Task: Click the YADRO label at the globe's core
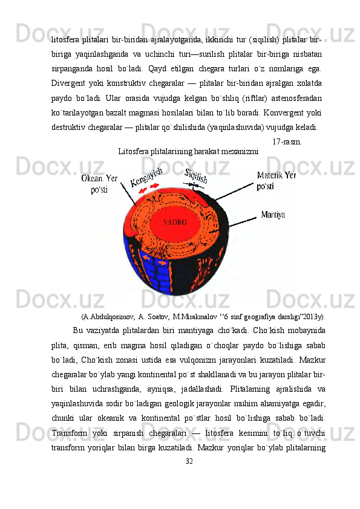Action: pos(175,222)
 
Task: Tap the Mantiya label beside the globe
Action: pos(273,214)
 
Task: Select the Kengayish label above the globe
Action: pos(148,177)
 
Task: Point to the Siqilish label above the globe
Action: pos(196,175)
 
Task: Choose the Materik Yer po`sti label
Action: pos(277,181)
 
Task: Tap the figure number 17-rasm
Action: pos(287,142)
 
